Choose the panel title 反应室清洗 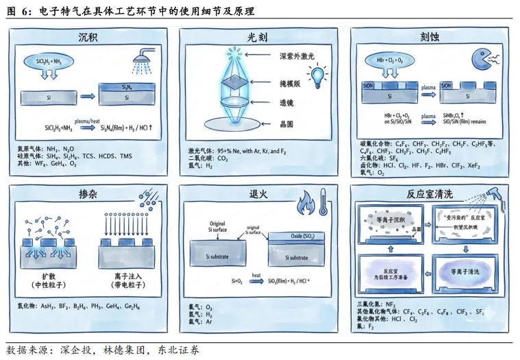tap(430, 194)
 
